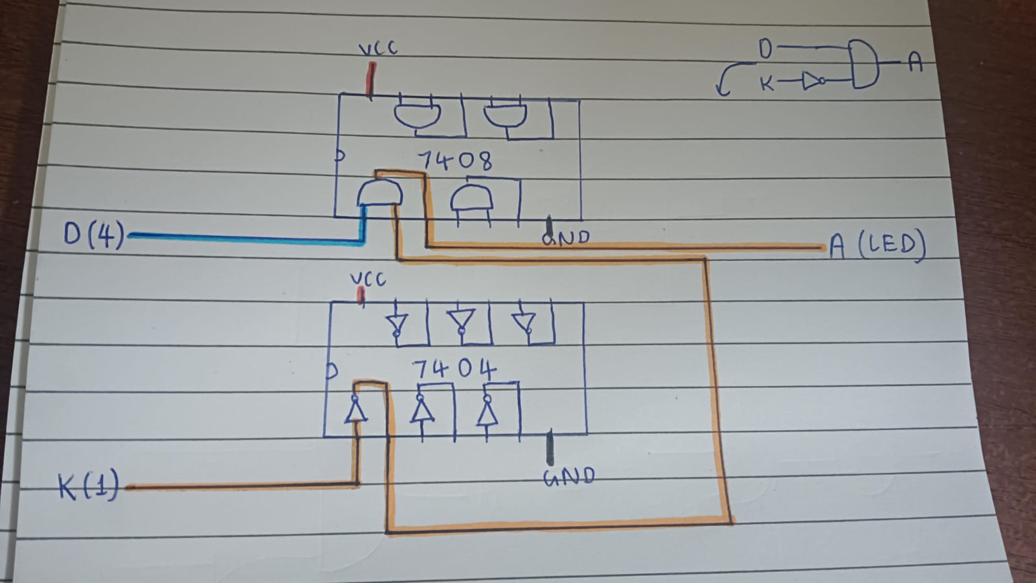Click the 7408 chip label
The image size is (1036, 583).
click(x=455, y=160)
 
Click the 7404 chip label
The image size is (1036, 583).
click(x=454, y=370)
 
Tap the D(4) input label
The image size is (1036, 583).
click(x=95, y=234)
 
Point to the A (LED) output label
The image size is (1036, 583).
click(x=877, y=246)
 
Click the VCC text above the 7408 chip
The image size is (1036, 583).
click(x=378, y=49)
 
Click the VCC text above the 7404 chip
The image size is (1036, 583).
click(x=368, y=279)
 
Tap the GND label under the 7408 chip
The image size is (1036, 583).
click(x=567, y=238)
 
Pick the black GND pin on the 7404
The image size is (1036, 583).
click(x=550, y=447)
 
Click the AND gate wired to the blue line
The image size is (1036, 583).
click(x=379, y=193)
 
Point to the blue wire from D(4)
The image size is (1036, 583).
click(x=246, y=238)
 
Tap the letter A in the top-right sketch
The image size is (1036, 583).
click(x=914, y=62)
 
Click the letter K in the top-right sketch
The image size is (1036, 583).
click(x=767, y=83)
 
